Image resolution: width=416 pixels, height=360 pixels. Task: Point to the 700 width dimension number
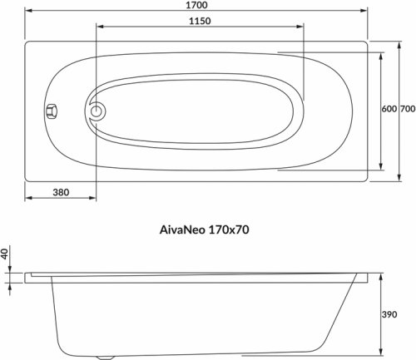407,110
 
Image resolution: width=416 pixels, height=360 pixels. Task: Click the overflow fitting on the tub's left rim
51,110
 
